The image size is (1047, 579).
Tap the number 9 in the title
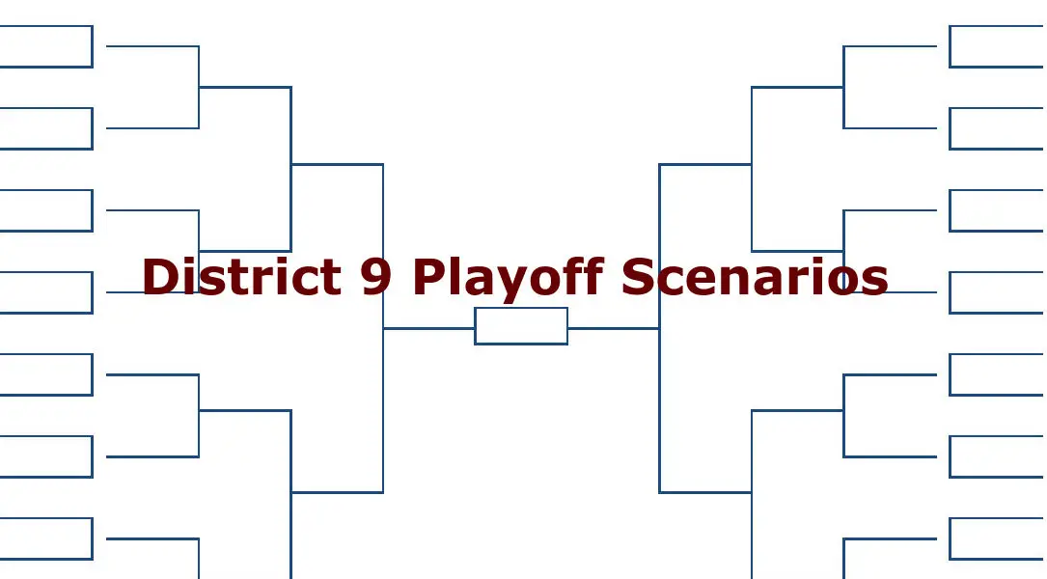(x=376, y=276)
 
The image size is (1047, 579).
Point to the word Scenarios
(x=755, y=276)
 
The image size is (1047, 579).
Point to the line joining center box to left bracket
(x=428, y=328)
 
